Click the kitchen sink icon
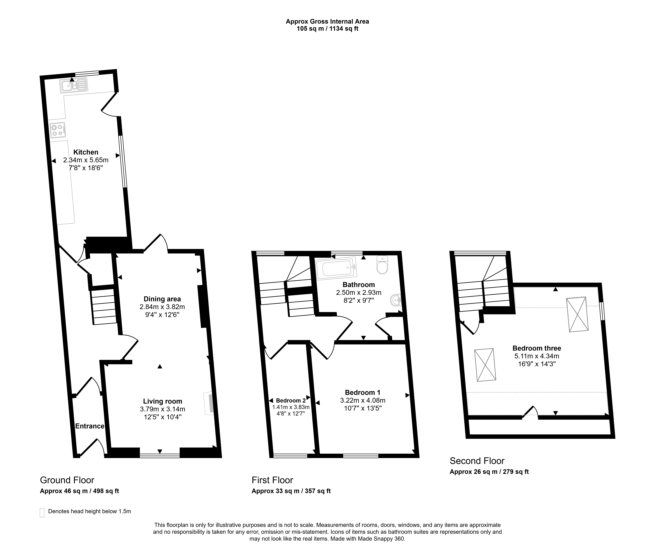[74, 85]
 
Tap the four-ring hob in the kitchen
[58, 130]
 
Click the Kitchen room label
[86, 152]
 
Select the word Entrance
[90, 426]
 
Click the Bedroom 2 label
[291, 400]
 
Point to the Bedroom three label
[537, 348]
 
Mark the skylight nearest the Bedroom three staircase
[485, 365]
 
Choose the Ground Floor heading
[67, 480]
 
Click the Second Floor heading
[477, 461]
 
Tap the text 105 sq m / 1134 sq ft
[327, 29]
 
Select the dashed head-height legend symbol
[42, 513]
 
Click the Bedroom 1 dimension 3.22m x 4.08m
[363, 400]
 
